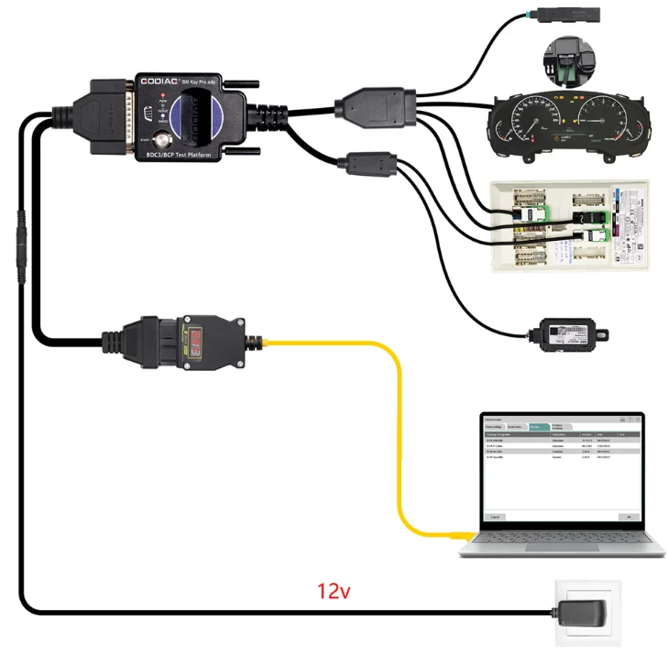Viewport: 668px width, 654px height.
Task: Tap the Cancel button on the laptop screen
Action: (x=496, y=517)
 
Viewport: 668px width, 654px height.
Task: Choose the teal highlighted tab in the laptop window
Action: (x=539, y=427)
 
